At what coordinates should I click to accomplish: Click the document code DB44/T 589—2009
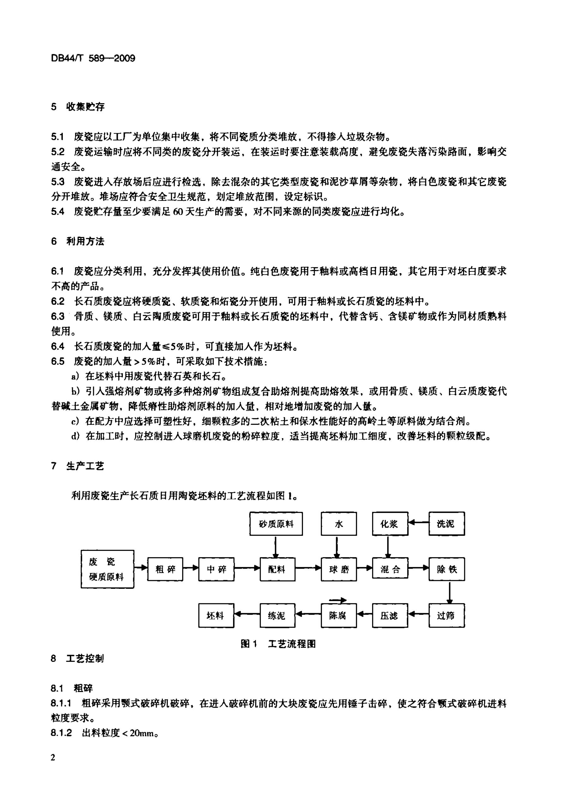[93, 58]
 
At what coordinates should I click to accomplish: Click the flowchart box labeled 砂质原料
[276, 524]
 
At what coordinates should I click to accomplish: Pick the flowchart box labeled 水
[339, 524]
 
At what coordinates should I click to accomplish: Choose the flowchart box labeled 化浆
[390, 524]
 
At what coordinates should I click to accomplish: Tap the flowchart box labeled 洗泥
[447, 524]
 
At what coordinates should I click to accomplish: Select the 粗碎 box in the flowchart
[165, 569]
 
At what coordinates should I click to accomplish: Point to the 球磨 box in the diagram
[339, 569]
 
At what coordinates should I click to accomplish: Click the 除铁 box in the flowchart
[447, 569]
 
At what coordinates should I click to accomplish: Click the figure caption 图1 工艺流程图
[278, 644]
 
